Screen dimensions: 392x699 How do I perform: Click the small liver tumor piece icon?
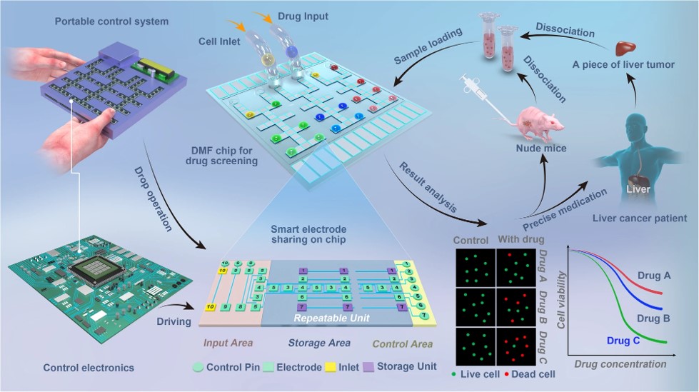[625, 47]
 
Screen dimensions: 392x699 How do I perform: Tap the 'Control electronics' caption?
[88, 368]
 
